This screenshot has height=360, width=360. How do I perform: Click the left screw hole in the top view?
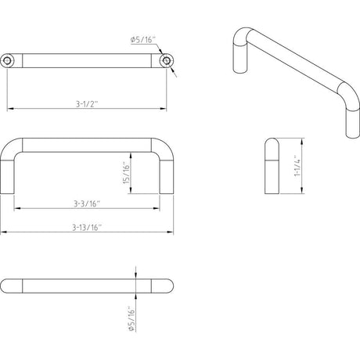click(8, 59)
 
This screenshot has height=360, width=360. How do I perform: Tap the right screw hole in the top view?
click(165, 59)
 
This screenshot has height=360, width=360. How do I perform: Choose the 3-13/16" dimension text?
click(87, 227)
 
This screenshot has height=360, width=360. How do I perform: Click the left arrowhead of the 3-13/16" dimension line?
click(4, 232)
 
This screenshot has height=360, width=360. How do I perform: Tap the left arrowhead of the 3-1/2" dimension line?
click(10, 106)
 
